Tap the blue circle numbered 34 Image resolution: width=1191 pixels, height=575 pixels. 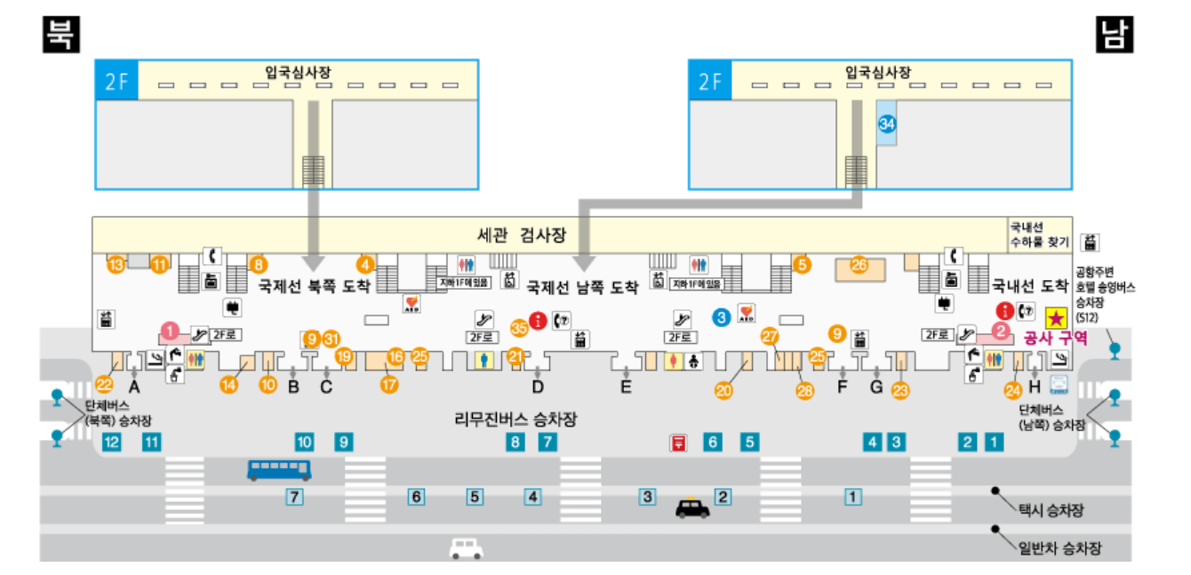click(x=886, y=124)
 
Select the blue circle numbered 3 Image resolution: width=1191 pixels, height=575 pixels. click(x=722, y=315)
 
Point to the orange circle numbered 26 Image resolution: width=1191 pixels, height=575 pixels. click(x=859, y=264)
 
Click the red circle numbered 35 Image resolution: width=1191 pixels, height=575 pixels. click(x=519, y=326)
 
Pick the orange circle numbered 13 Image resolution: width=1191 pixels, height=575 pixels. click(x=115, y=264)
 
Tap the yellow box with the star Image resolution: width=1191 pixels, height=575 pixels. click(x=1055, y=316)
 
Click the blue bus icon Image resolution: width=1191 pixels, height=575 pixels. click(x=278, y=468)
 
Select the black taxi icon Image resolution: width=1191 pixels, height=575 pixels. click(x=692, y=507)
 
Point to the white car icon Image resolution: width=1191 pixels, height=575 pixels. click(x=466, y=548)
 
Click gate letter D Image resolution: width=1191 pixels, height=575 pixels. click(x=538, y=387)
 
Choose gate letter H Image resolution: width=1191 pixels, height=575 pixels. click(x=1034, y=387)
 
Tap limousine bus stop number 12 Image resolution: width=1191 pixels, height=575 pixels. click(x=111, y=441)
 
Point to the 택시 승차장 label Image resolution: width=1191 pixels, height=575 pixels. click(x=1052, y=510)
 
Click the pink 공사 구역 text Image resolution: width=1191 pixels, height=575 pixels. click(x=1049, y=338)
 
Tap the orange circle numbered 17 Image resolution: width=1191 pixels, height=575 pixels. click(x=389, y=384)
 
